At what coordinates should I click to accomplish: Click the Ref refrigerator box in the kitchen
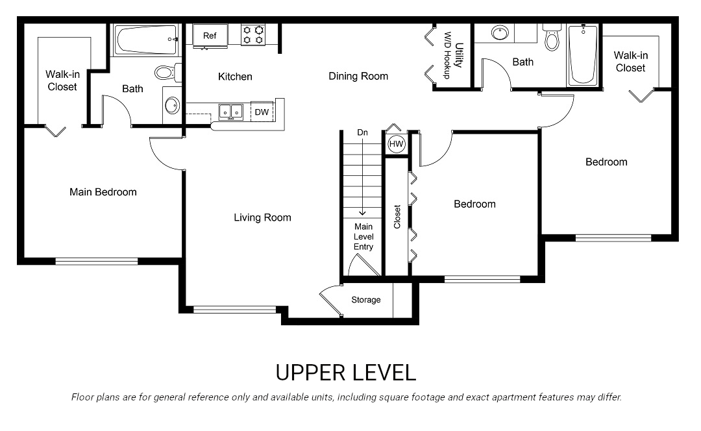click(x=210, y=36)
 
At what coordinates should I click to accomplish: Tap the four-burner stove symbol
click(x=254, y=35)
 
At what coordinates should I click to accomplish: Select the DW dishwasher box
click(x=262, y=112)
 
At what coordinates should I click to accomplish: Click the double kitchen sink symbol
click(x=230, y=112)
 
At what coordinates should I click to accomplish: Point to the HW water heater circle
click(x=396, y=144)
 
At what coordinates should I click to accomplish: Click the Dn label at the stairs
click(x=362, y=133)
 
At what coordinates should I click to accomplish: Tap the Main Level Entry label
click(x=363, y=236)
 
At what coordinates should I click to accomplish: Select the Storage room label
click(x=366, y=300)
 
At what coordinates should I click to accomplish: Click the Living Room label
click(x=262, y=217)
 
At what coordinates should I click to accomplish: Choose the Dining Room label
click(x=358, y=76)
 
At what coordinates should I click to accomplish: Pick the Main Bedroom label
click(x=103, y=191)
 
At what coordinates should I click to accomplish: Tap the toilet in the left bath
click(x=164, y=72)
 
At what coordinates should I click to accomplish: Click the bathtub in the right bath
click(x=582, y=55)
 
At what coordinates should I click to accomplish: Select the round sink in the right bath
click(x=500, y=32)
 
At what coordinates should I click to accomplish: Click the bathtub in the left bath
click(x=147, y=40)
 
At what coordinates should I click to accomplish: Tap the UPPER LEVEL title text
click(x=345, y=373)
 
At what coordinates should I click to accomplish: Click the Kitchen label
click(x=235, y=77)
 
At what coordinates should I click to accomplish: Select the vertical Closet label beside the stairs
click(x=397, y=217)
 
